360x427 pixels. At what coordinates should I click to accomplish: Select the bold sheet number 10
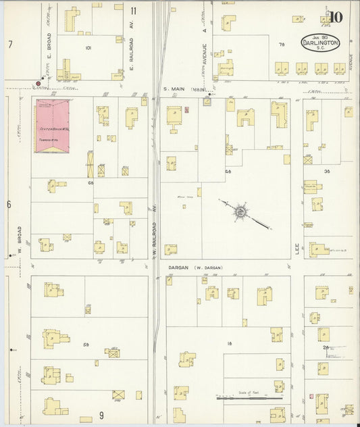tap(336, 18)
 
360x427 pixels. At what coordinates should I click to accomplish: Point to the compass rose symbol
tap(240, 213)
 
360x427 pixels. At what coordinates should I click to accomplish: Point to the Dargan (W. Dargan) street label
tap(195, 268)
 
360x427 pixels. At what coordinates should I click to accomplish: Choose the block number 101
tap(88, 48)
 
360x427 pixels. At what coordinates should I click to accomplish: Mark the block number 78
tap(281, 44)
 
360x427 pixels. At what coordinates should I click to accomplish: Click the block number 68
tap(89, 182)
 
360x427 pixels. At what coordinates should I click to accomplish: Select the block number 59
tap(86, 345)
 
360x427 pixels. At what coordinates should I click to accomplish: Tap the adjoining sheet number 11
tap(134, 11)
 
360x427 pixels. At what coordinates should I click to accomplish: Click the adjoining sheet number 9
tap(101, 414)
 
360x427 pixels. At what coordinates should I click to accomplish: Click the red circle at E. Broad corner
tap(37, 84)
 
